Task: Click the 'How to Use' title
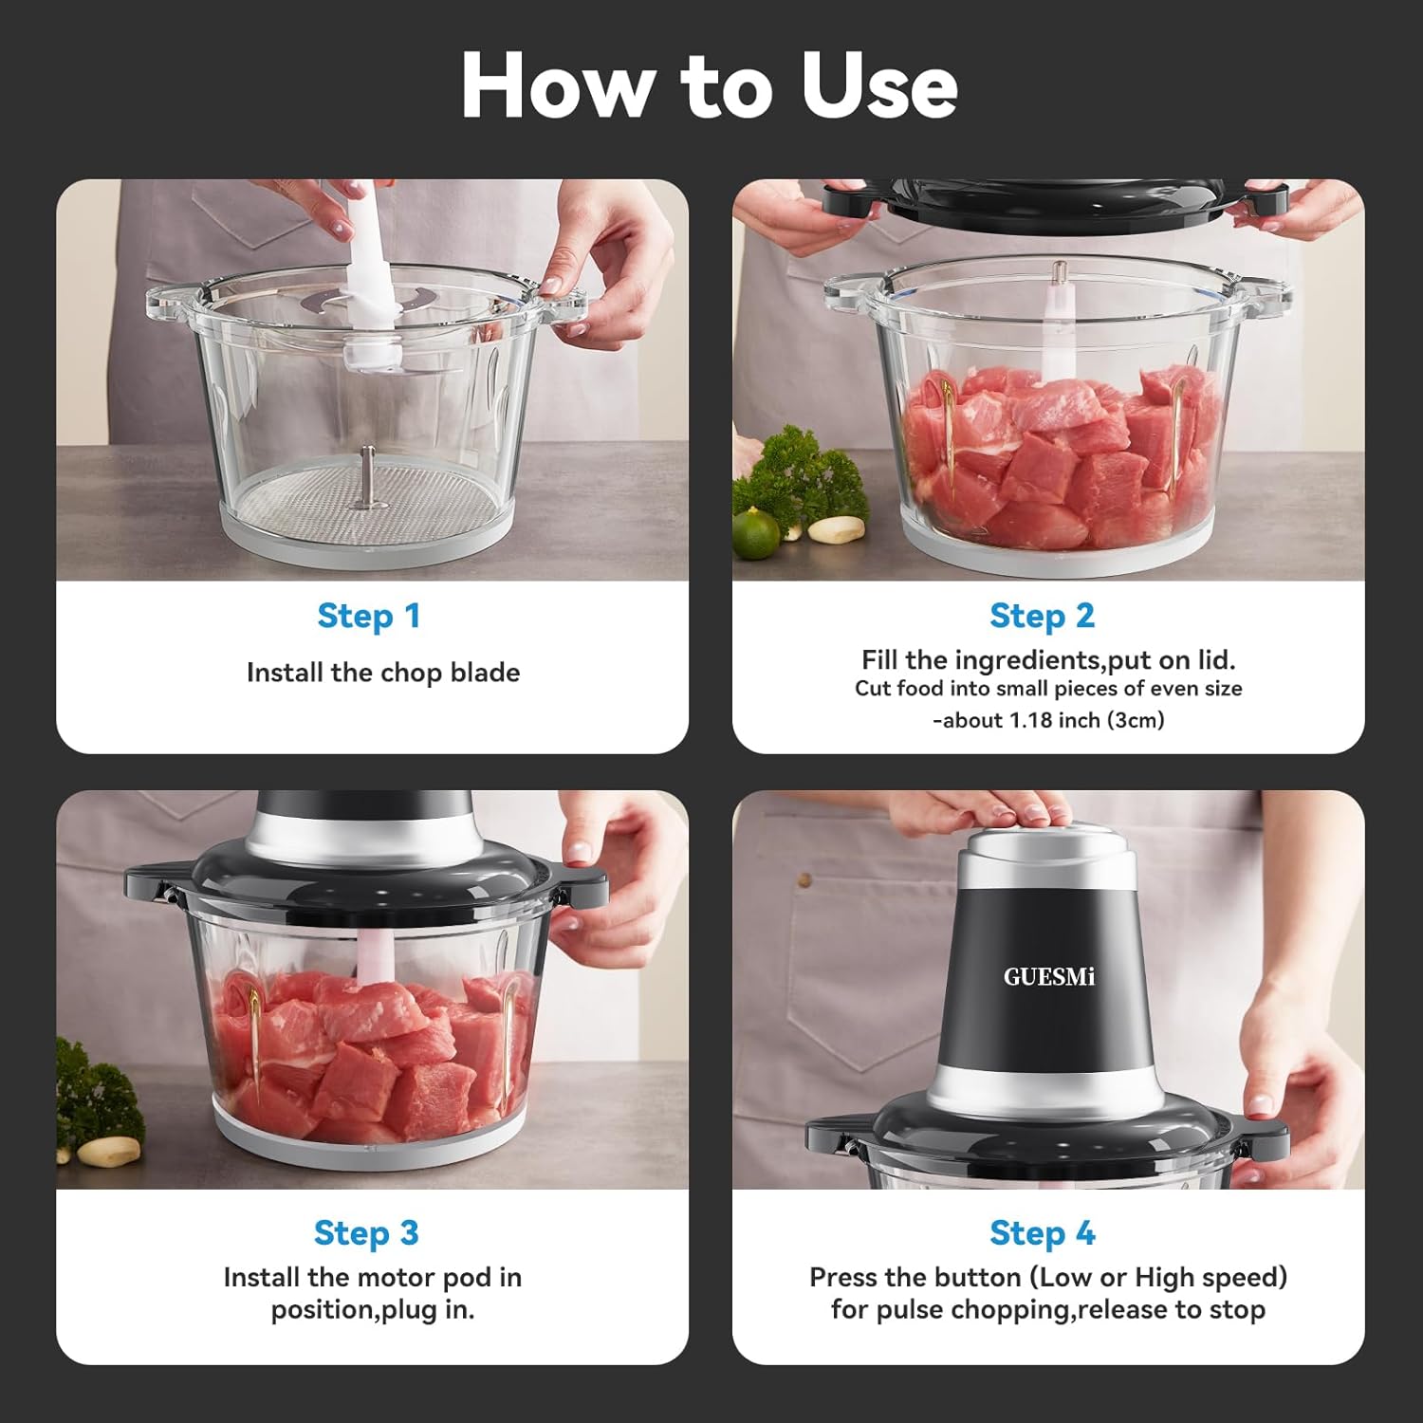coord(710,85)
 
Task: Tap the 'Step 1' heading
coord(368,616)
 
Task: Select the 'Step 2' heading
coord(1042,616)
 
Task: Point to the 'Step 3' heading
coord(366,1232)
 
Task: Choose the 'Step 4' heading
coord(1042,1232)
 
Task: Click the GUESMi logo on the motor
coord(1048,977)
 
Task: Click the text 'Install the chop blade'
coord(383,673)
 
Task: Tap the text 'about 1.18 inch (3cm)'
coord(1051,720)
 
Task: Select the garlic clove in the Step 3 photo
coord(107,1152)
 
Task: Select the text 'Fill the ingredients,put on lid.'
coord(1048,659)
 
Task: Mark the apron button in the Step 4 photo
coord(804,880)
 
